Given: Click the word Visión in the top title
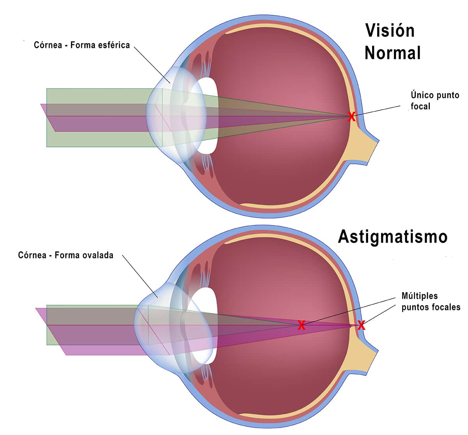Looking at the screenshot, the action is (x=390, y=31).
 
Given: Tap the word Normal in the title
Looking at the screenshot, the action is (x=393, y=53).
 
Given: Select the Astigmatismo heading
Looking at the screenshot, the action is (x=393, y=237).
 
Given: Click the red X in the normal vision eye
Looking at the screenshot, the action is (x=352, y=117).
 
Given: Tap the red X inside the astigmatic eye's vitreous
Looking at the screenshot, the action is (x=301, y=325).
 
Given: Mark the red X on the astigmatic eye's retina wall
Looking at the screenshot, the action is (x=361, y=325).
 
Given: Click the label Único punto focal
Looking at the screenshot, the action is (x=435, y=101).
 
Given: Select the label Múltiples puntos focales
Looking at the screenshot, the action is (x=431, y=301).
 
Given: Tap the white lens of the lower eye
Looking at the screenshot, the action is (x=205, y=326).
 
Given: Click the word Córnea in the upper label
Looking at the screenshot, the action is (x=48, y=45).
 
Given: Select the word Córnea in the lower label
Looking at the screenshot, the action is (x=32, y=255).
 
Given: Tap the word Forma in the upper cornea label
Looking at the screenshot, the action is (x=81, y=45).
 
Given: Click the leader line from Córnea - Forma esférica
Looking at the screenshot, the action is (x=152, y=65).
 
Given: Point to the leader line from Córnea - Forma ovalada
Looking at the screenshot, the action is (x=140, y=276).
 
